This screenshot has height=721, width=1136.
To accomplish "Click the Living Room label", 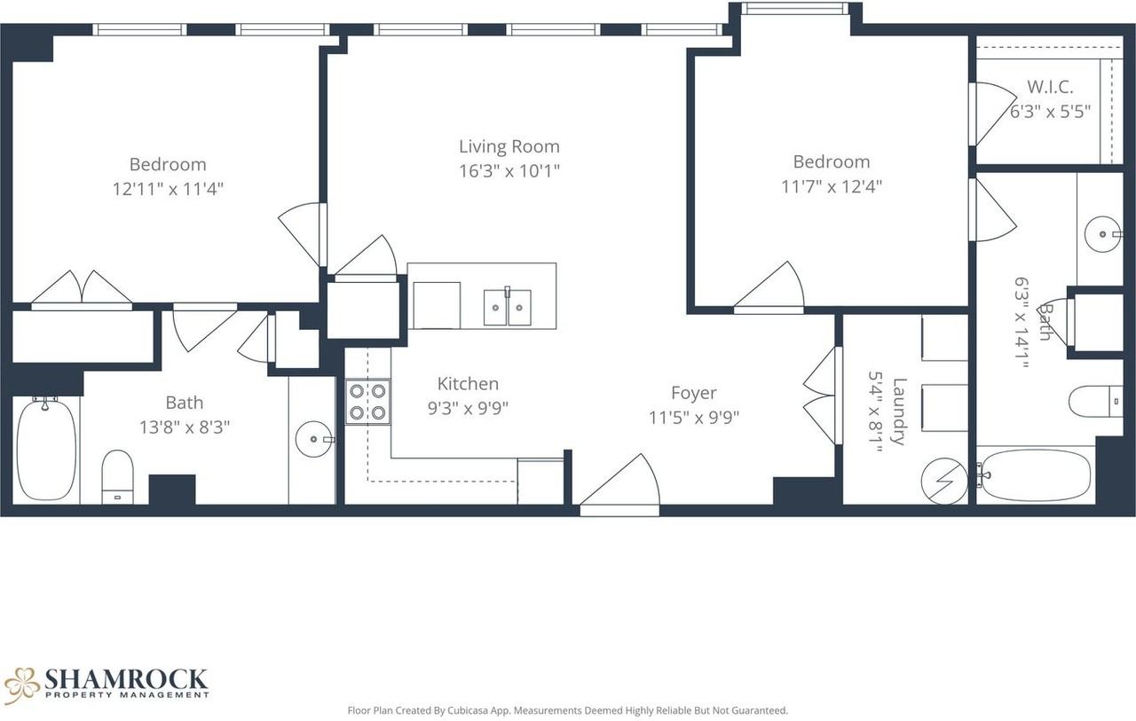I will [x=509, y=146].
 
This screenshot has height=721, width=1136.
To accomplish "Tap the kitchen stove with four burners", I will [x=367, y=401].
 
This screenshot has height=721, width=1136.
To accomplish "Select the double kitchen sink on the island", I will [x=507, y=307].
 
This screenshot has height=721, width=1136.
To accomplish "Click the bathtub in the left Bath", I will [x=46, y=450].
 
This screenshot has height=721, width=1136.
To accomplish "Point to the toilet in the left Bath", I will [x=117, y=476].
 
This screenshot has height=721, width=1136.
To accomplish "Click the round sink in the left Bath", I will [x=313, y=439].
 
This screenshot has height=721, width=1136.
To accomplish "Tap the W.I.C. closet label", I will [x=1050, y=87].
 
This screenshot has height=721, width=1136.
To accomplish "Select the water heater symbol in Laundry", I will [x=945, y=480].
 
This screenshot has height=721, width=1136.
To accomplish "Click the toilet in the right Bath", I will [x=1095, y=401].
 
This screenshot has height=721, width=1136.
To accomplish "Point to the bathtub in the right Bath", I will [x=1036, y=476].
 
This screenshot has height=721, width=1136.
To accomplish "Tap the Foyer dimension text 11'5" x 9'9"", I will [x=693, y=418].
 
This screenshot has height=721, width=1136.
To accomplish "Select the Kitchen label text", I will [x=468, y=384].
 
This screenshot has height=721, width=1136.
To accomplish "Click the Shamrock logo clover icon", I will [x=22, y=685].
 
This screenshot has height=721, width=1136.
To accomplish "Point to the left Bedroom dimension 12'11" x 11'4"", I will [x=167, y=189].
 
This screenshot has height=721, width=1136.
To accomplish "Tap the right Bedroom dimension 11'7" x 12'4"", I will [x=831, y=186].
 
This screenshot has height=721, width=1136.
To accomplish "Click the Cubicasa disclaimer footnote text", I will [x=567, y=710].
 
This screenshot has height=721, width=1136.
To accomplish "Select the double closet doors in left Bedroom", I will [x=82, y=289].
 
